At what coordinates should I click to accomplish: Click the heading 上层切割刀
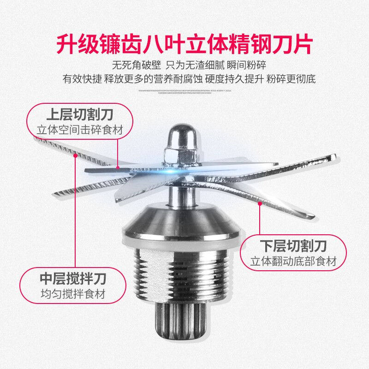80,114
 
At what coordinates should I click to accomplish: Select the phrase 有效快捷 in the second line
78,78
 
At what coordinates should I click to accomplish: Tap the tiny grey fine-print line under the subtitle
184,91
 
